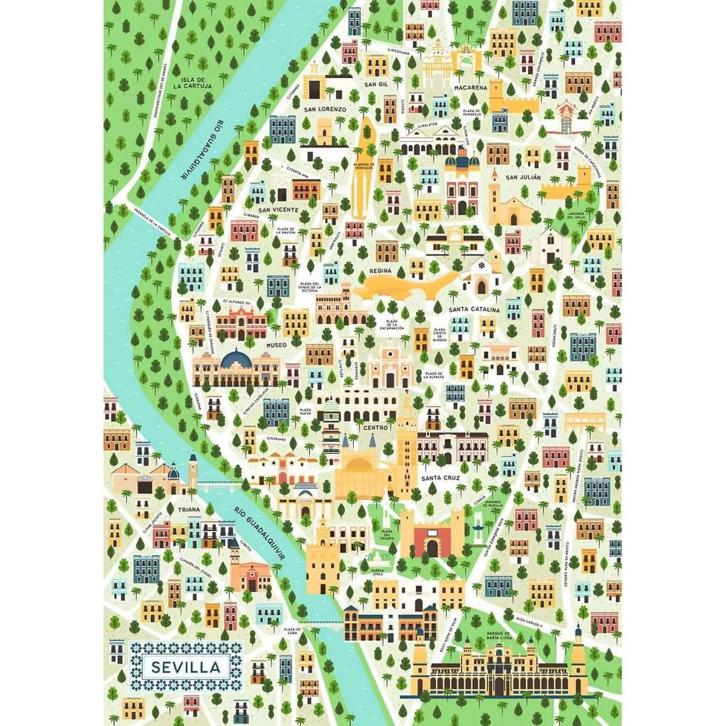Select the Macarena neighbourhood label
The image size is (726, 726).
point(470,87)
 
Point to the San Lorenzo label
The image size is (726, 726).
point(325,109)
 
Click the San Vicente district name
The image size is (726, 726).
point(278,210)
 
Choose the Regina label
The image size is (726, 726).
point(380,271)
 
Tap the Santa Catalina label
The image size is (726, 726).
point(474,309)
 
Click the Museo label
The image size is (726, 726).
point(276,345)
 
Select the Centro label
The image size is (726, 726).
point(375,428)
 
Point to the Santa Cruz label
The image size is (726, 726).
point(441,478)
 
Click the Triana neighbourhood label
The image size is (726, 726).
point(189,509)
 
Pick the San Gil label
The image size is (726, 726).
point(376,84)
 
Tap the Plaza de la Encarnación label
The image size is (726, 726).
point(392,325)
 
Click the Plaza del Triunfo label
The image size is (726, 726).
point(386,535)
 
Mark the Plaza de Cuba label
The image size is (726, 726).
point(292,631)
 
